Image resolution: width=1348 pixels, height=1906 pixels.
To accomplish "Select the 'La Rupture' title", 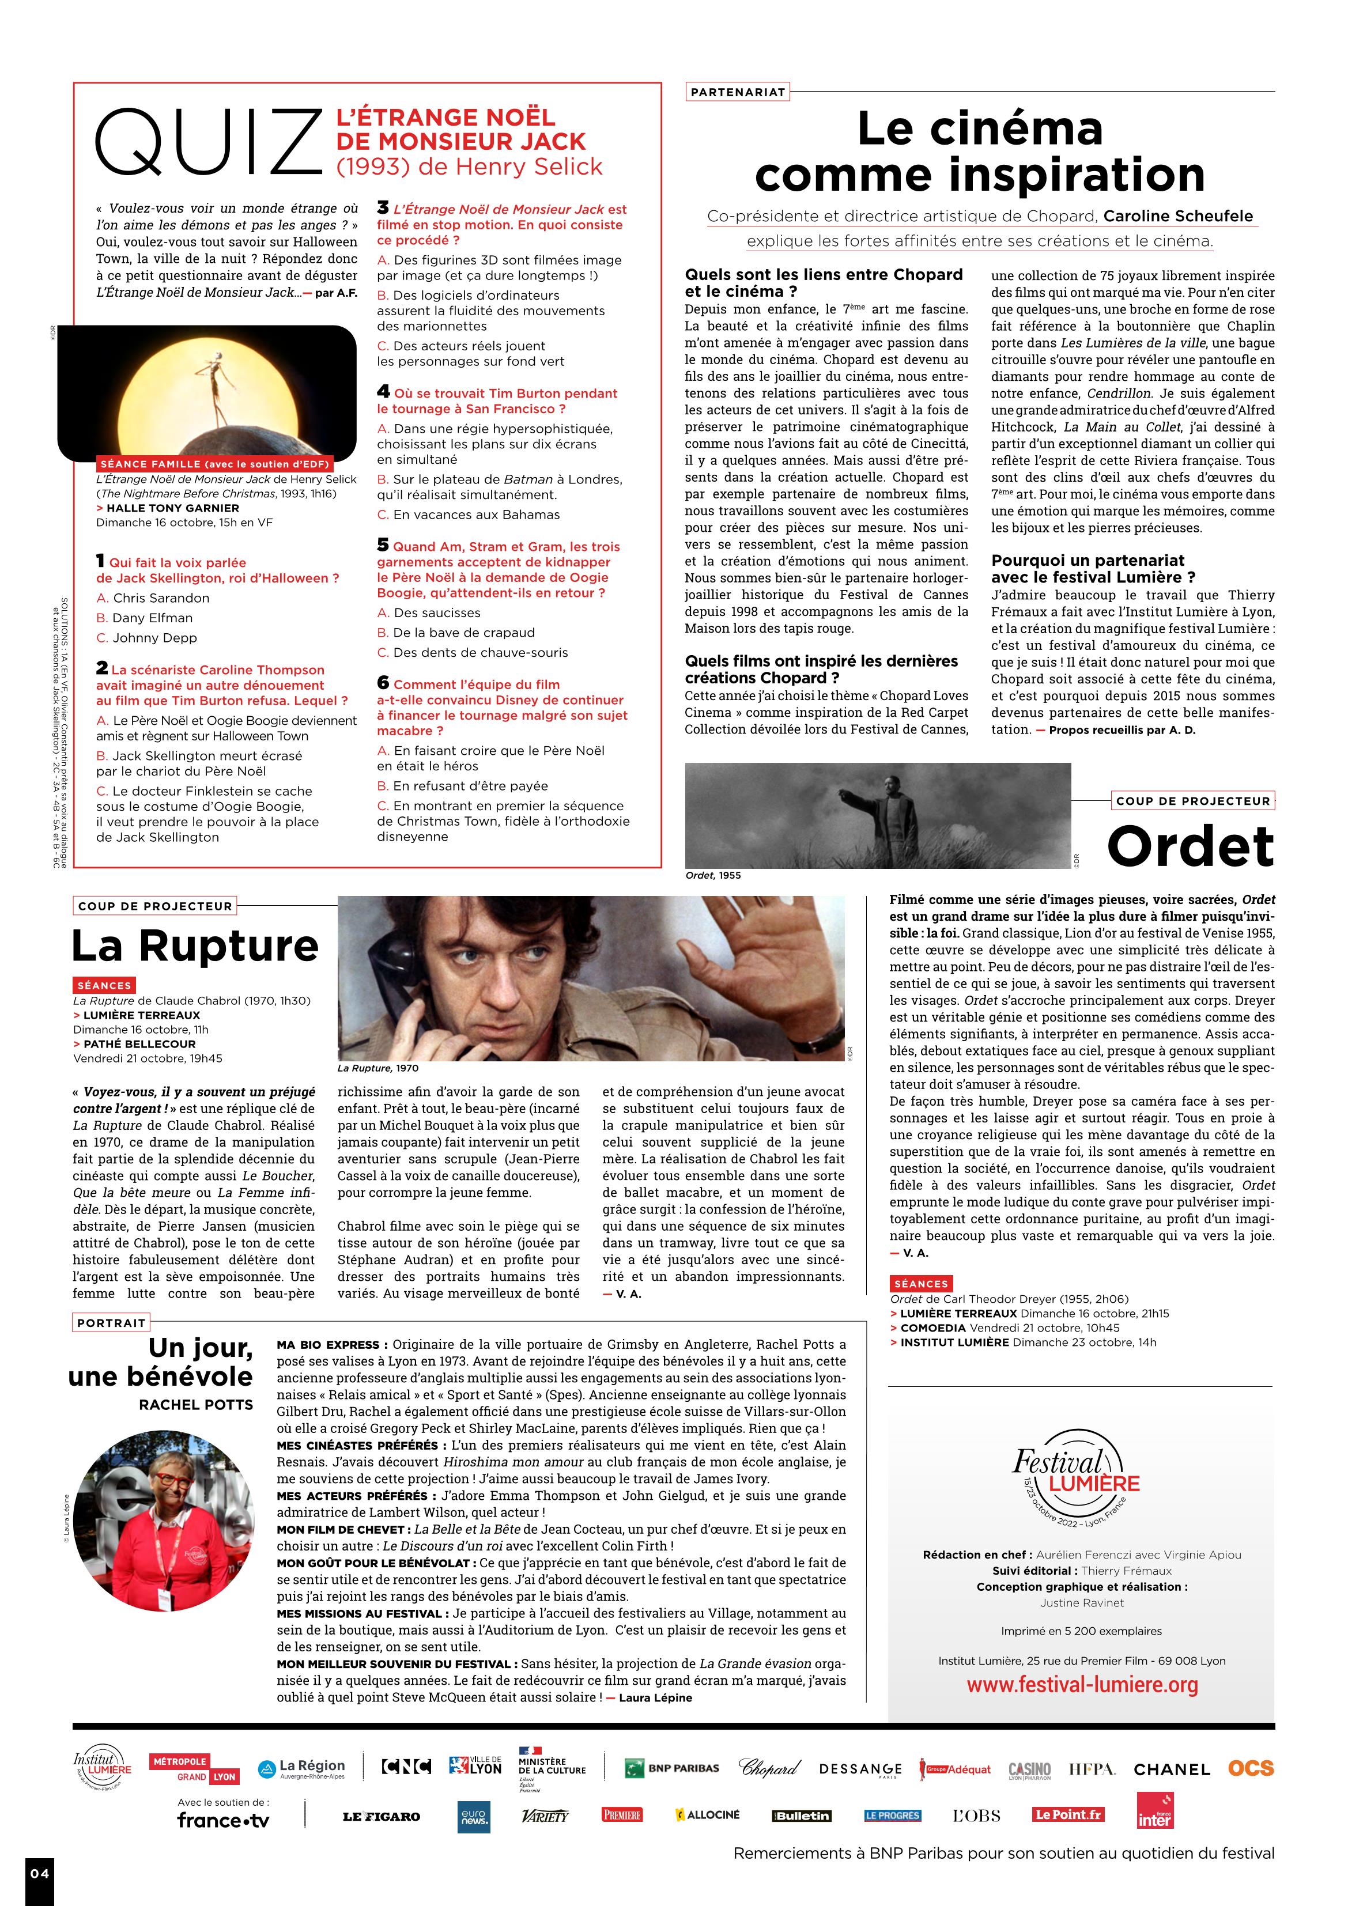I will pyautogui.click(x=195, y=945).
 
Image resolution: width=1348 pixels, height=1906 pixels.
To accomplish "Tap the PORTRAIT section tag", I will pyautogui.click(x=111, y=1322).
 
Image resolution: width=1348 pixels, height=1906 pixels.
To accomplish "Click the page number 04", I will pyautogui.click(x=40, y=1873).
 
